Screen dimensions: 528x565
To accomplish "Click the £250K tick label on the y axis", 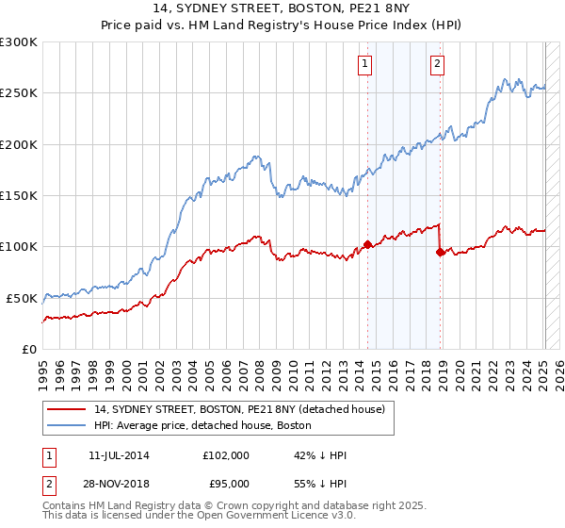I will [18, 93].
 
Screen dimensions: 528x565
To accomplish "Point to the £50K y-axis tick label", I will [22, 298].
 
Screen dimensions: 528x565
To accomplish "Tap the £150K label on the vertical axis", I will [18, 195].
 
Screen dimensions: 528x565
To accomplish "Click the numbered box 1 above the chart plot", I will [364, 64].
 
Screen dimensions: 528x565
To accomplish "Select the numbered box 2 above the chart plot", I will [438, 64].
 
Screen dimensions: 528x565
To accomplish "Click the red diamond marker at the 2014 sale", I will [367, 245].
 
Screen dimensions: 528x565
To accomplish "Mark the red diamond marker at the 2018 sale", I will [441, 252].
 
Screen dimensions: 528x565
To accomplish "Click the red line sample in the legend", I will [67, 409].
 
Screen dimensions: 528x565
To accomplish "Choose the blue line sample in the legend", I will [67, 425].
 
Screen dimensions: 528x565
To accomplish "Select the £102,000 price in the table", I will [225, 455].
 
